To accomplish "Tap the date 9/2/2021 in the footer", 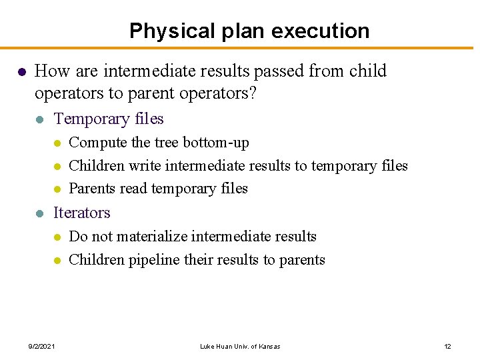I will point(41,346).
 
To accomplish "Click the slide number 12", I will point(447,346).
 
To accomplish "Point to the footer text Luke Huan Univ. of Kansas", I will point(240,346).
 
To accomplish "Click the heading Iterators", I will point(81,213).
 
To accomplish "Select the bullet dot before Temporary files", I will point(40,120).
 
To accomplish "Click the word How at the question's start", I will point(49,71).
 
